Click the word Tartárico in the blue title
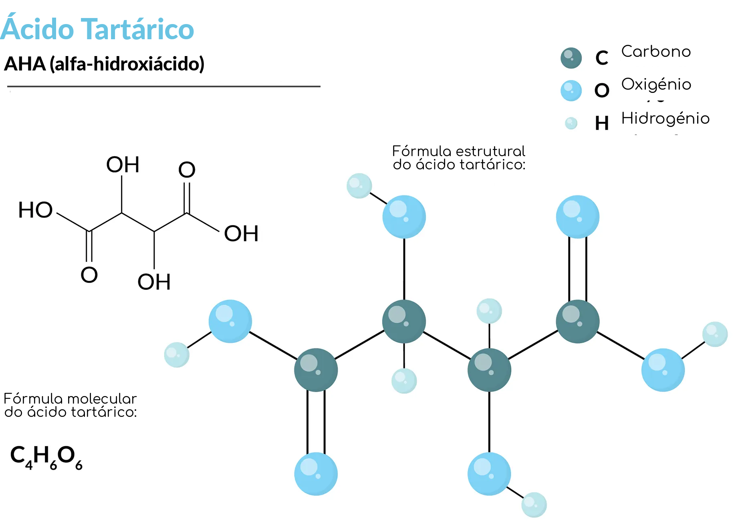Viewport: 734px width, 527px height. (138, 29)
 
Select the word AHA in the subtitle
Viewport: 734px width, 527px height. (25, 64)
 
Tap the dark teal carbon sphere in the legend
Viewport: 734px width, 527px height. (571, 58)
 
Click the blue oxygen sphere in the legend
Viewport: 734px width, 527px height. (571, 91)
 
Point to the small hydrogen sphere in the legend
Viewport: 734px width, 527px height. (571, 123)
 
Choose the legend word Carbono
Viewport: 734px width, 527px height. (656, 52)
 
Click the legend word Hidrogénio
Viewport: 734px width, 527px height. (665, 119)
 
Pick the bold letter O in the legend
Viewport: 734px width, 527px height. (602, 91)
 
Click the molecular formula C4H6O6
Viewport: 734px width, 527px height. (46, 457)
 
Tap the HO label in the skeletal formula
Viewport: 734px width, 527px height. (36, 210)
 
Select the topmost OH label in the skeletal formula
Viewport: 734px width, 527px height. (123, 165)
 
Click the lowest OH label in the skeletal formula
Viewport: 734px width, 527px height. (154, 282)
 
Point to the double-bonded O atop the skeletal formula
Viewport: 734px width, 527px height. (187, 170)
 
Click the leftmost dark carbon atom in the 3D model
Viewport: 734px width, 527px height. (316, 370)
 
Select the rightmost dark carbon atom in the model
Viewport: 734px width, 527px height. (578, 322)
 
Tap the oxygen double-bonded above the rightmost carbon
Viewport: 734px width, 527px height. (578, 217)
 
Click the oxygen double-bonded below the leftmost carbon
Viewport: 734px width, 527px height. (316, 474)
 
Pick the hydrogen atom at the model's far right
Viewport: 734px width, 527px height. (715, 334)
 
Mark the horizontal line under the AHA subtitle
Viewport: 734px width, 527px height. (164, 86)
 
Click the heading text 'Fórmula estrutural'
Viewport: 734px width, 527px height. (459, 151)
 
